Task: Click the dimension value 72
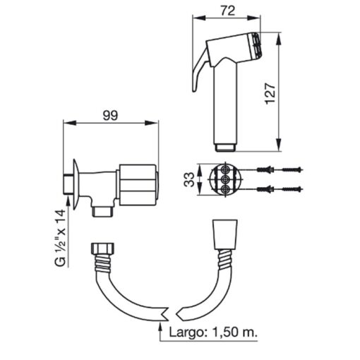[228, 11]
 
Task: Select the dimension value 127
[270, 93]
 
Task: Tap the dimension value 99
[110, 116]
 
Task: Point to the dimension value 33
[189, 179]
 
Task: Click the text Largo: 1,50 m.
[213, 332]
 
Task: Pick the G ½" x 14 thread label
[60, 238]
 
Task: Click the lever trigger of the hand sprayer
[200, 71]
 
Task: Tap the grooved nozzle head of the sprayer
[256, 46]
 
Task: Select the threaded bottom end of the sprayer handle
[226, 148]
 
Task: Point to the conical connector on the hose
[225, 234]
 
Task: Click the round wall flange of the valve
[76, 184]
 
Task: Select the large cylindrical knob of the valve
[138, 185]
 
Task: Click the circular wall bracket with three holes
[225, 179]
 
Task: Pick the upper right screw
[292, 169]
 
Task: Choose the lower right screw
[292, 189]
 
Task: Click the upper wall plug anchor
[266, 169]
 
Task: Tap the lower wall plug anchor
[266, 189]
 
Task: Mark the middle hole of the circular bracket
[226, 179]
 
